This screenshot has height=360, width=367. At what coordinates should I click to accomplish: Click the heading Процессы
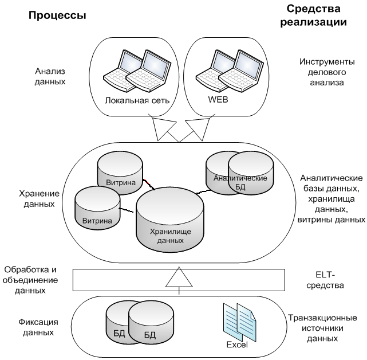tap(57, 15)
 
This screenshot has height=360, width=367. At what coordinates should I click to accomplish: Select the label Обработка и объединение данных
tap(31, 279)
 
